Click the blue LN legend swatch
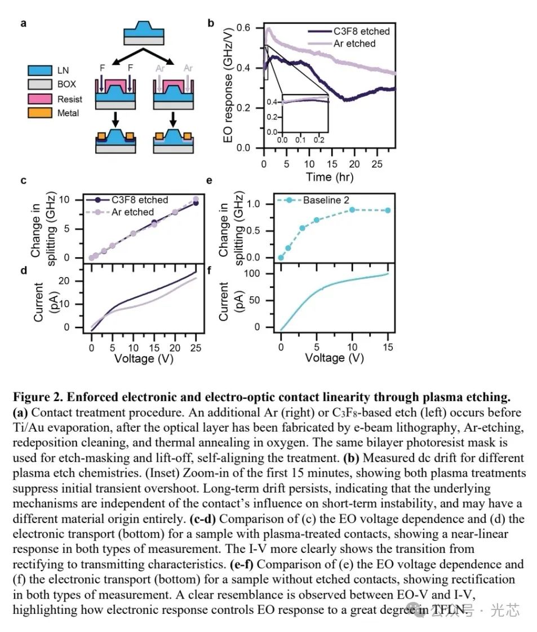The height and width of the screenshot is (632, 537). (x=38, y=71)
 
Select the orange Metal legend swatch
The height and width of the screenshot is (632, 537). (x=38, y=113)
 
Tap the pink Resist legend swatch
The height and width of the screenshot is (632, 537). (x=38, y=99)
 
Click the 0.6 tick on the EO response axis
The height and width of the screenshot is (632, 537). (x=243, y=28)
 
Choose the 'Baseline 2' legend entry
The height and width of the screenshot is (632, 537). (x=327, y=200)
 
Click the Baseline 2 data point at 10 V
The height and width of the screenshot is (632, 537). (x=352, y=209)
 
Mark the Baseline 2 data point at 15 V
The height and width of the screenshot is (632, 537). (x=388, y=210)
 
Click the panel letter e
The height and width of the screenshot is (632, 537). (x=210, y=181)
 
